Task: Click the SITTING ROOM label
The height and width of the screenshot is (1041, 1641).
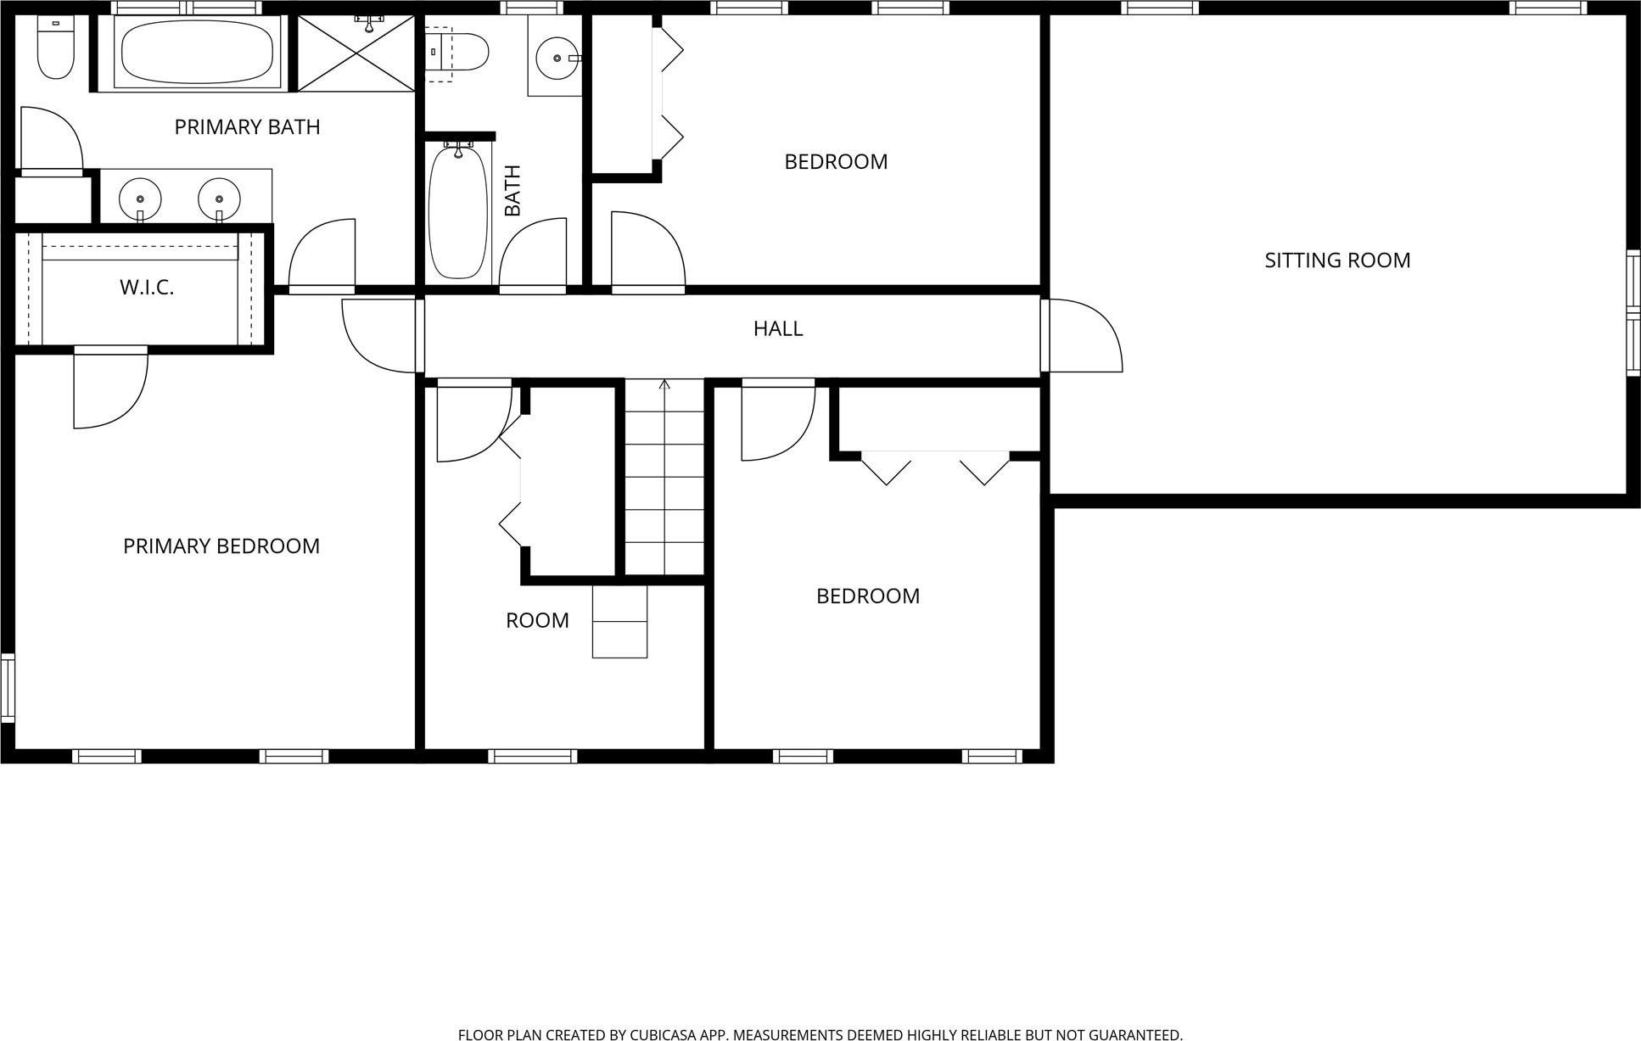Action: point(1337,260)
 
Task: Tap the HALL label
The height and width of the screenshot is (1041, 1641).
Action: point(777,328)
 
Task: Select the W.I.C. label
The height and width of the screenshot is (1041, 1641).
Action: point(147,288)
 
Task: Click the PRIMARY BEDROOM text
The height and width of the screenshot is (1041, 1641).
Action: point(221,546)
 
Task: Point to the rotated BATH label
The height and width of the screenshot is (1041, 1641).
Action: point(512,190)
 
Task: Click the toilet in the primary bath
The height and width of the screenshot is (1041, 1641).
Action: point(56,49)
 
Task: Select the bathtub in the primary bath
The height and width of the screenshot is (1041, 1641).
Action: point(198,51)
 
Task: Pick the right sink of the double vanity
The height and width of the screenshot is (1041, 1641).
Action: point(219,198)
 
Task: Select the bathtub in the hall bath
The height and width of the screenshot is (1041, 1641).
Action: point(458,212)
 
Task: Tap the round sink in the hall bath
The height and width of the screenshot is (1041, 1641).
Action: point(557,57)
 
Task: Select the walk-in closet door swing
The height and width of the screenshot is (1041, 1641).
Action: point(110,389)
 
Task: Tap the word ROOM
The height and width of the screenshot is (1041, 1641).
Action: point(537,621)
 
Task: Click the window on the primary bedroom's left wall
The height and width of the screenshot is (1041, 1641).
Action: point(7,687)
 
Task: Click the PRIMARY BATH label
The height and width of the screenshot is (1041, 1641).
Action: point(247,127)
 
